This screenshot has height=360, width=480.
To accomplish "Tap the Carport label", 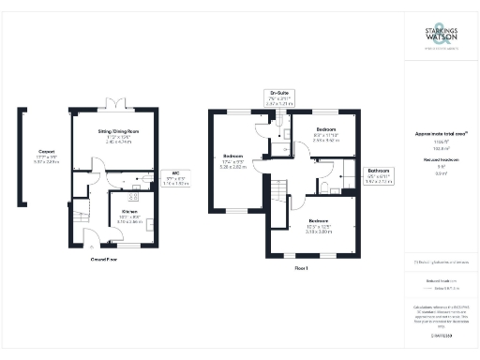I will (45, 155).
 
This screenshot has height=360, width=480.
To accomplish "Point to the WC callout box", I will (175, 177).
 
